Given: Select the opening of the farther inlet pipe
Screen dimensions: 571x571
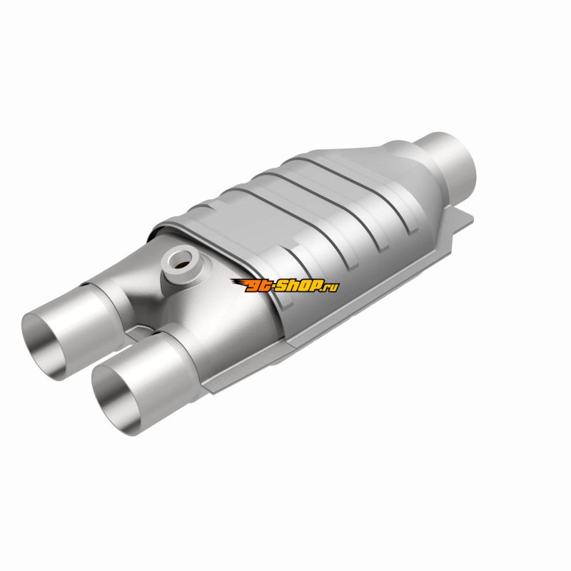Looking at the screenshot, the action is coord(44,346).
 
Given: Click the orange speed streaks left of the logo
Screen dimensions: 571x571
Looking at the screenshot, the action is coord(238,282).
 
